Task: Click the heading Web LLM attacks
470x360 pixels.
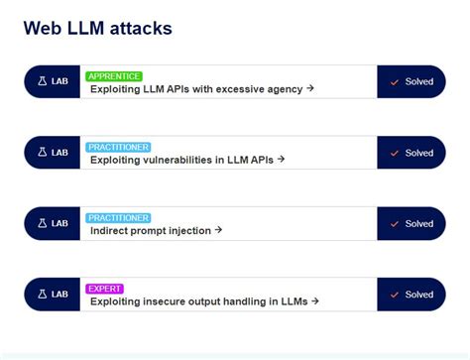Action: (97, 28)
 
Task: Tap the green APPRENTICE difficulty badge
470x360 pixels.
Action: (114, 75)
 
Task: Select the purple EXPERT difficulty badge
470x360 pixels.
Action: (104, 289)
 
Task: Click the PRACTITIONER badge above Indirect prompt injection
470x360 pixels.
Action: (118, 218)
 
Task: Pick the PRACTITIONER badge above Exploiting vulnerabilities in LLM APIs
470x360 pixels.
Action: (118, 147)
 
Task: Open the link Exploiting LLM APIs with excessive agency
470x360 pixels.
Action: (196, 88)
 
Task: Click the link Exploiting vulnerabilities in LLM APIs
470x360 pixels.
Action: (182, 159)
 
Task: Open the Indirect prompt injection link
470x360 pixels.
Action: (151, 230)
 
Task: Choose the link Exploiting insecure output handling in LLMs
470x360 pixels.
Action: (200, 300)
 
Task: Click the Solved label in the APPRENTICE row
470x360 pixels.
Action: (418, 81)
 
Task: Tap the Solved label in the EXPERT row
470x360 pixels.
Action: (418, 295)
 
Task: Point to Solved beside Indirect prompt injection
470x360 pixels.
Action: (418, 223)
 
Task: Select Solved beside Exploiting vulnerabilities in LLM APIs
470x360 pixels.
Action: (418, 153)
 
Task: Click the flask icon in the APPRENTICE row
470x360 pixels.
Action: (42, 81)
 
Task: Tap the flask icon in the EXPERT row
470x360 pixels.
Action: (42, 295)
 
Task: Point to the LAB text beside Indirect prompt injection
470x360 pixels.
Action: (59, 223)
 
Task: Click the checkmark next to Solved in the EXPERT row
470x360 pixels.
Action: (395, 295)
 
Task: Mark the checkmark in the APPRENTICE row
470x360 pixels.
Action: (395, 81)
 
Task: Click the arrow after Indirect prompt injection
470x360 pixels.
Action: (218, 230)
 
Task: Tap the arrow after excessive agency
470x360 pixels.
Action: (310, 88)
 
